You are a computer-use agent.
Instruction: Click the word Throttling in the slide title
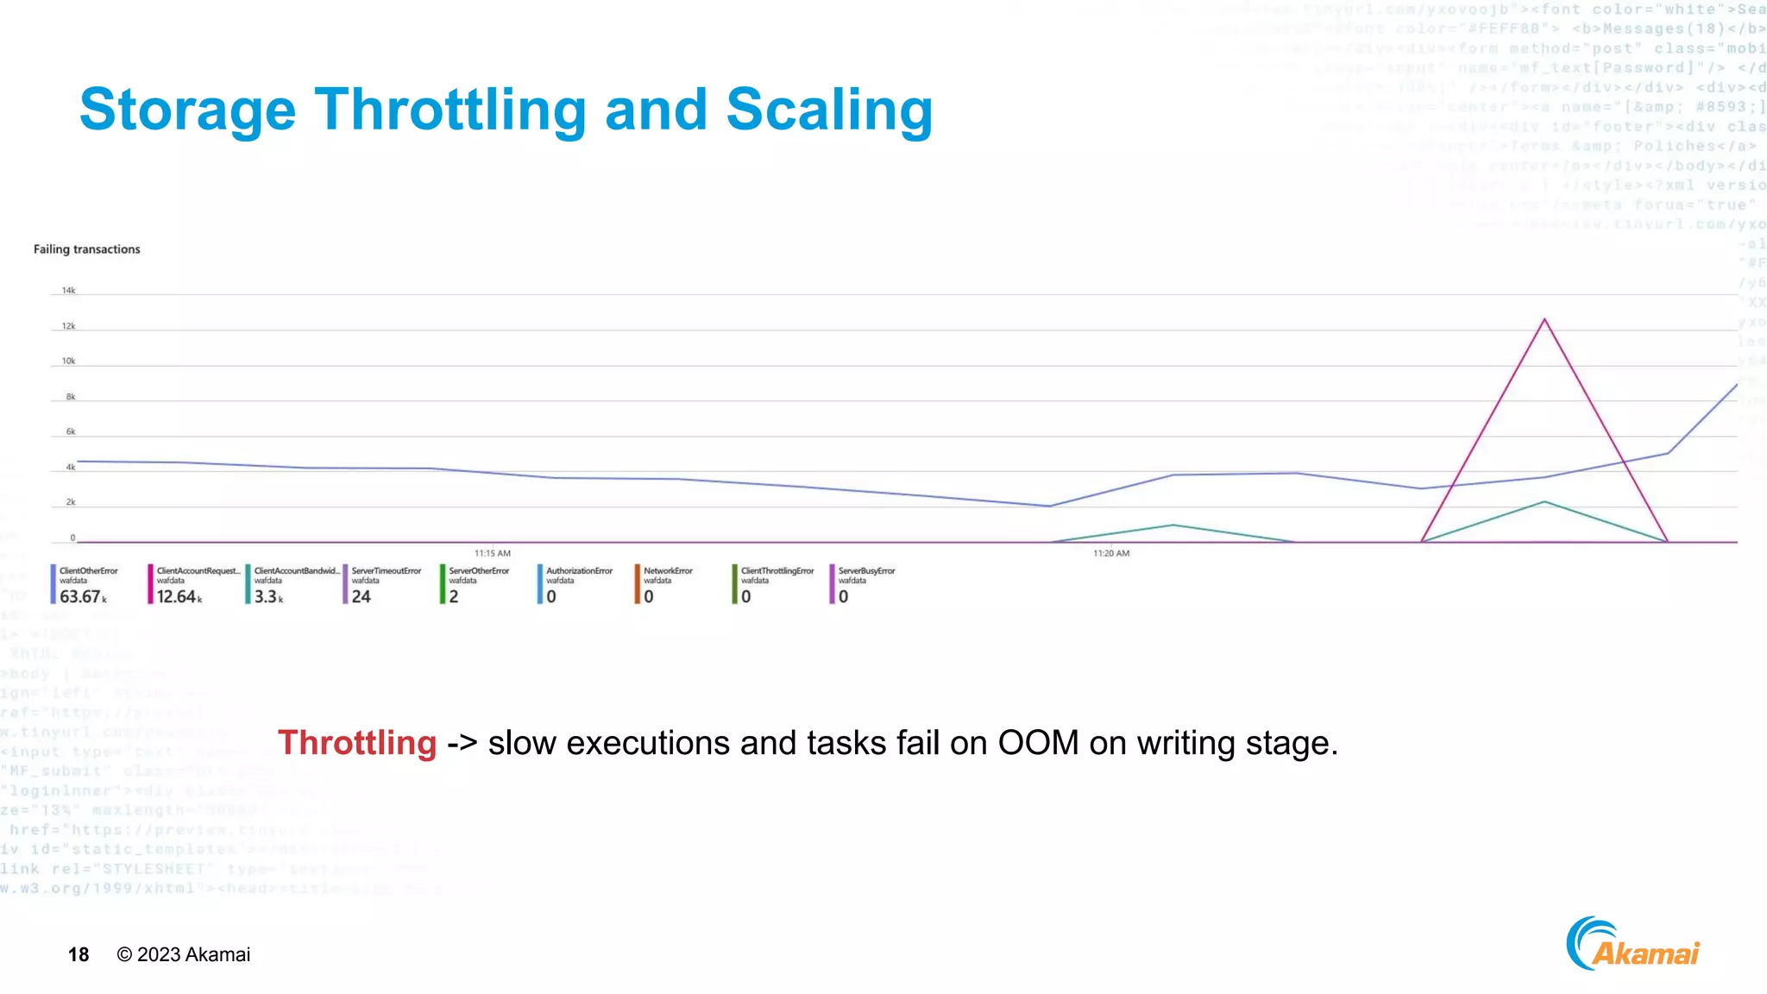(450, 110)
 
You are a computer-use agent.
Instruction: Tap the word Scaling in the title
(829, 110)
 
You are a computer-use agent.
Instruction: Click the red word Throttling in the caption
(357, 743)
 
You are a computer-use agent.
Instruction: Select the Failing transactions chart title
(86, 249)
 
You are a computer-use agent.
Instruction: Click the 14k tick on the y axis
(68, 291)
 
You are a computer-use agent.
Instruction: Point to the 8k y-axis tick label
(71, 397)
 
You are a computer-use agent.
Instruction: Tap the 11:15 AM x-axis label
(493, 553)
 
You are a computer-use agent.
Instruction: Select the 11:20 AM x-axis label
(1111, 553)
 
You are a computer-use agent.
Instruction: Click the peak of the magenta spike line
(1544, 320)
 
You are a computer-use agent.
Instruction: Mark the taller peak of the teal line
(1544, 502)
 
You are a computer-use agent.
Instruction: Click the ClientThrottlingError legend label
(777, 571)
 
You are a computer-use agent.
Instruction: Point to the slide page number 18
(79, 954)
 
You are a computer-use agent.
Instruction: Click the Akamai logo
(1632, 945)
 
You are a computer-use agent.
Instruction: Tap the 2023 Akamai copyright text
(184, 954)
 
